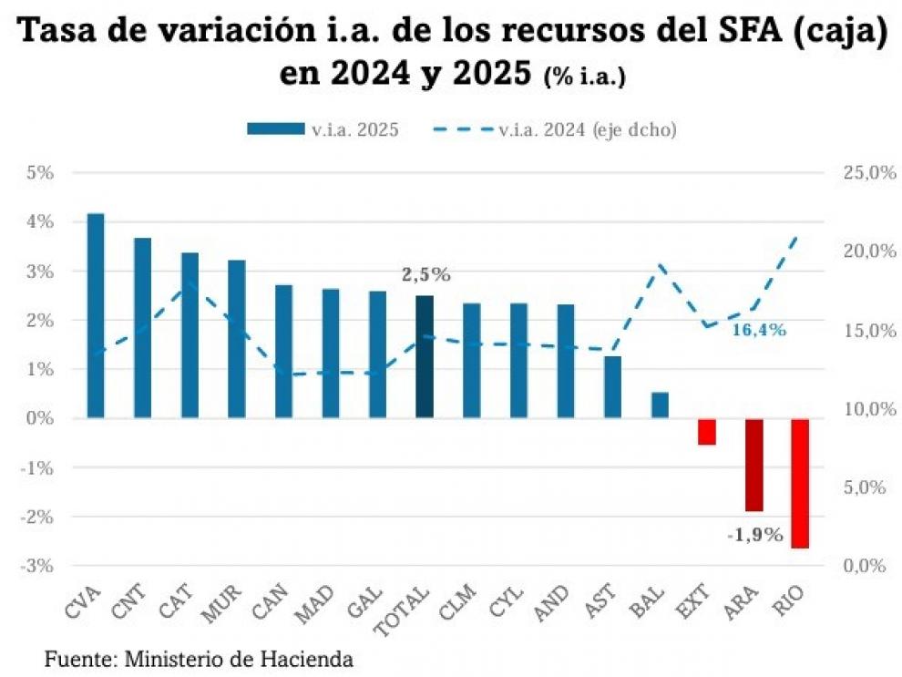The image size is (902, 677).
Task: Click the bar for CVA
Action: point(96,316)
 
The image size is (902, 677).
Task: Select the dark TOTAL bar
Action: point(425,356)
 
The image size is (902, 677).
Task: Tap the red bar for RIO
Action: point(800,483)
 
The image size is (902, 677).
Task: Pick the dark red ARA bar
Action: point(753,465)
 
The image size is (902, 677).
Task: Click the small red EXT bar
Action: point(707,432)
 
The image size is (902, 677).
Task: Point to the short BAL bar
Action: point(660,405)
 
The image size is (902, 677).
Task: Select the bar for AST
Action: point(612,387)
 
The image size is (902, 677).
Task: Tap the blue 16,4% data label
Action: point(758,330)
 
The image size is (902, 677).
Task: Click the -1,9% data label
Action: point(754,535)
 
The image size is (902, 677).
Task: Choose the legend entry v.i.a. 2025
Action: point(323,129)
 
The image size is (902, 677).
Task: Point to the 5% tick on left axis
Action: point(41,172)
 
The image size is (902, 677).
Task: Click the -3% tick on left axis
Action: point(39,566)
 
